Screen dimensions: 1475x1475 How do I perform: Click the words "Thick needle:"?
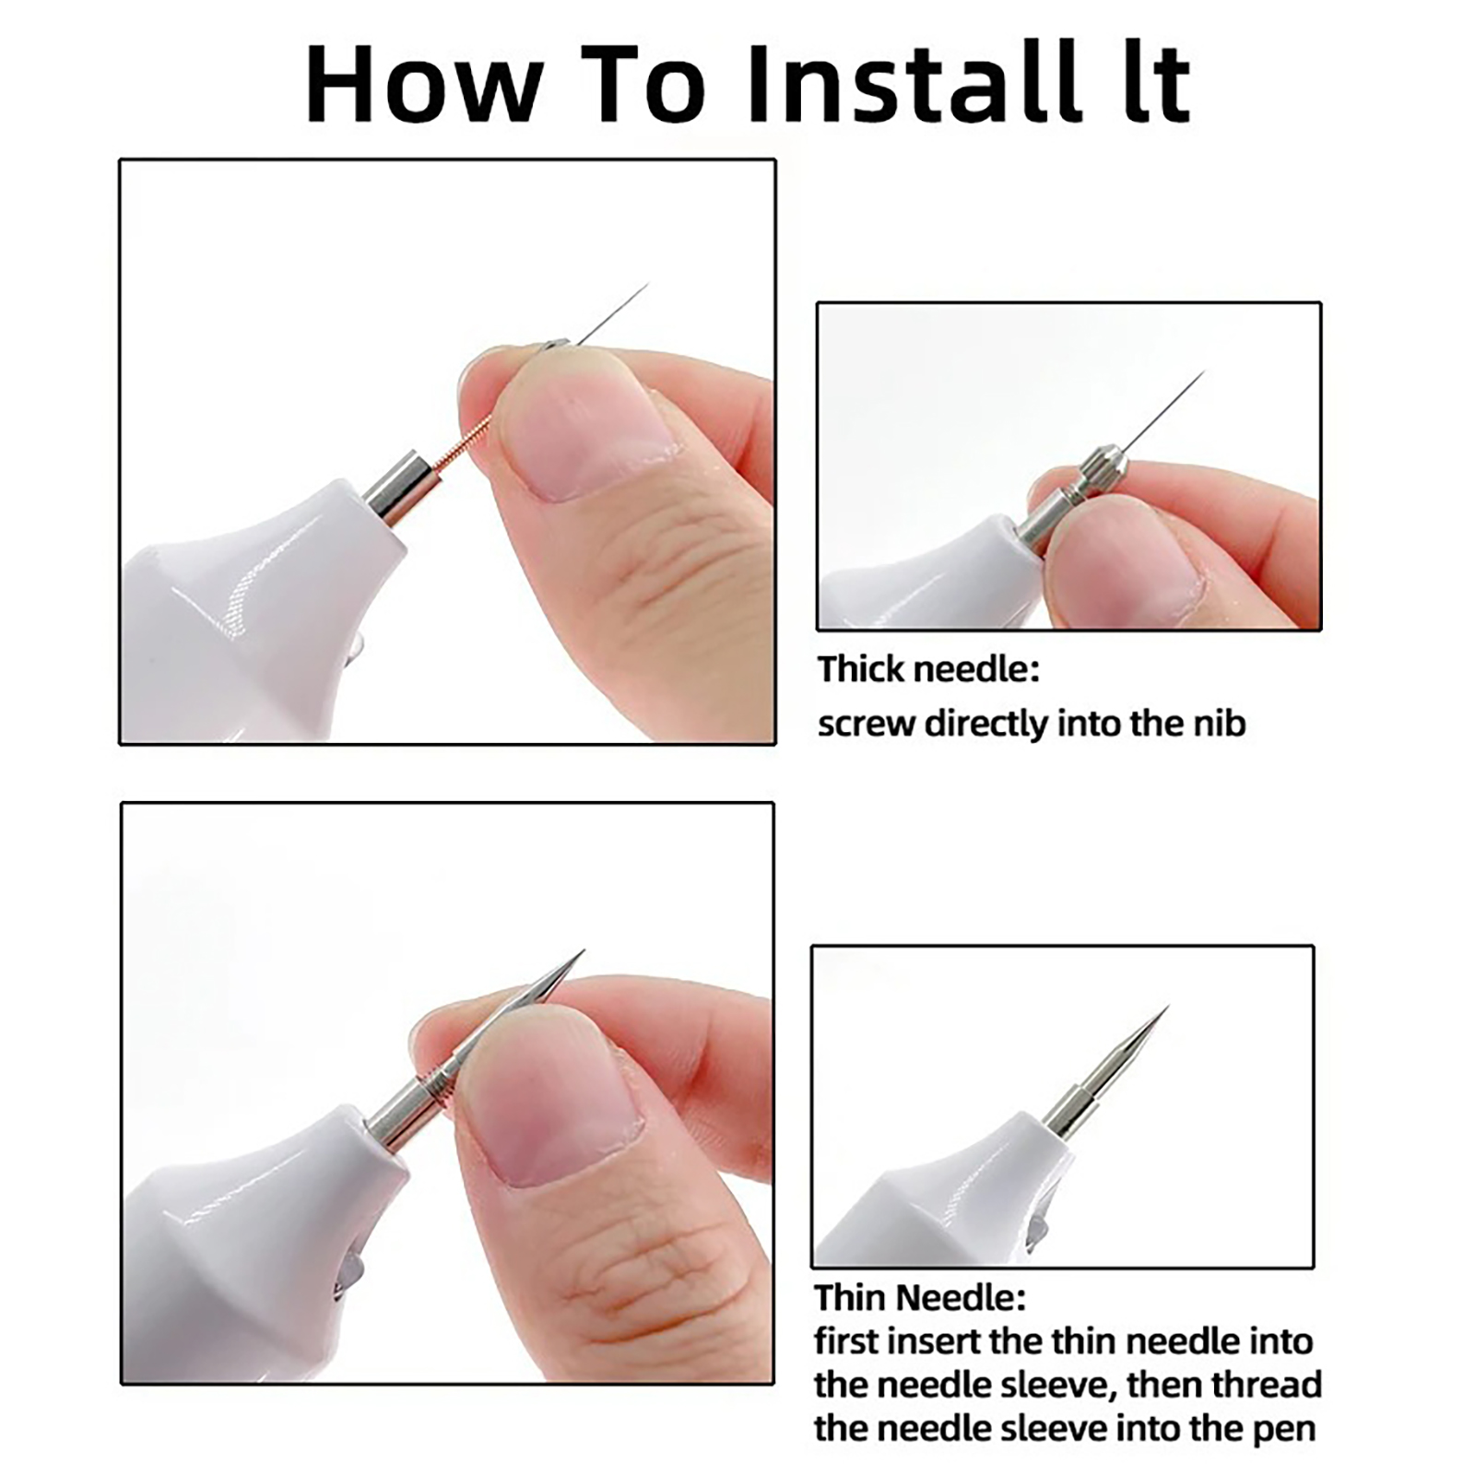928,668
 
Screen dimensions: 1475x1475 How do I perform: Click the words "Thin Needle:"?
920,1298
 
